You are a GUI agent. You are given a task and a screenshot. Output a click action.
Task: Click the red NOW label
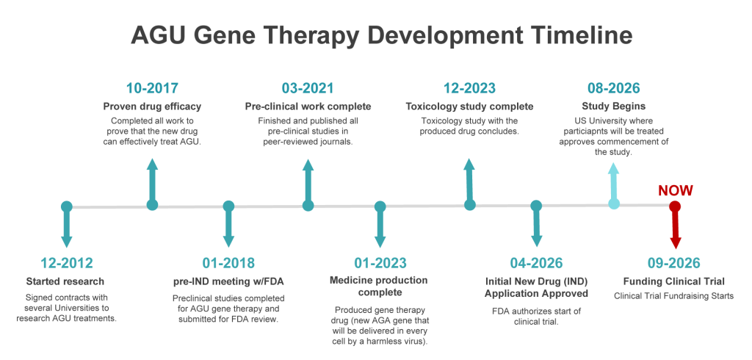click(x=676, y=190)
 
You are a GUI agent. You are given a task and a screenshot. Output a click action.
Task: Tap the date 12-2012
click(x=66, y=263)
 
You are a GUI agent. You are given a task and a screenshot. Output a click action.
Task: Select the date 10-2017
click(x=153, y=88)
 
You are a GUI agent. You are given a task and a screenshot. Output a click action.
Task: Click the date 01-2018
click(x=228, y=263)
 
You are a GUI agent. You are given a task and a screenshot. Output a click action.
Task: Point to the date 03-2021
click(x=308, y=88)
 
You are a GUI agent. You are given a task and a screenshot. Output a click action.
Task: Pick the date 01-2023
click(x=380, y=263)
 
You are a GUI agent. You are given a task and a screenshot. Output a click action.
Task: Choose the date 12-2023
click(x=469, y=88)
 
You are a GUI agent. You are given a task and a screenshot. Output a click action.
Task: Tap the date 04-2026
click(x=536, y=263)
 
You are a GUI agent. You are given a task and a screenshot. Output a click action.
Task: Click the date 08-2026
click(x=614, y=88)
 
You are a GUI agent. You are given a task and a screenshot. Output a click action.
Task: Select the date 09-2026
click(x=674, y=263)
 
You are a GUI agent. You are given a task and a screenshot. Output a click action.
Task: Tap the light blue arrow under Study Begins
click(x=614, y=181)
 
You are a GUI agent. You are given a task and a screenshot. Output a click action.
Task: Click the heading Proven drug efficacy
click(x=153, y=106)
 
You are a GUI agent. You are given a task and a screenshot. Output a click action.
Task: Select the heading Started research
click(x=65, y=281)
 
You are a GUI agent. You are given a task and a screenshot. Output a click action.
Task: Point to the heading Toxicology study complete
click(x=469, y=106)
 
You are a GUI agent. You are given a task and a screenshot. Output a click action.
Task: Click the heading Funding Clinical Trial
click(x=674, y=281)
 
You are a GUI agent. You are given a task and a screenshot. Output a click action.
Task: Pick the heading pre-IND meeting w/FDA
click(x=228, y=281)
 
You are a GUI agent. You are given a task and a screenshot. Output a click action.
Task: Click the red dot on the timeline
click(x=676, y=207)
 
